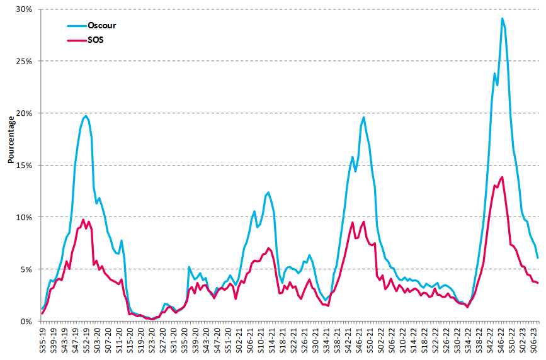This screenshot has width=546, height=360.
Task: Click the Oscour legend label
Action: (101, 26)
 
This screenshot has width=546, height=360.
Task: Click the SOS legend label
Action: (95, 40)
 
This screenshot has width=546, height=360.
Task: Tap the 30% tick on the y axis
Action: (25, 9)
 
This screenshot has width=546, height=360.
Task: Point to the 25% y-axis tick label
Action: (25, 62)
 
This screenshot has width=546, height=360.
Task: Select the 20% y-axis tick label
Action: (25, 113)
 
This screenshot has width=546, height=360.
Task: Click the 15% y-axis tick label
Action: (25, 166)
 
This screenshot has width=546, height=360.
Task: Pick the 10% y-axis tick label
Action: (25, 217)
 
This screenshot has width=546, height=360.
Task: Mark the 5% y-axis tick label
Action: (26, 269)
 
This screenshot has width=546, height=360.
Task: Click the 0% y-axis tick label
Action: (26, 321)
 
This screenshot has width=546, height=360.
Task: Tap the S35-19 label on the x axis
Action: (43, 340)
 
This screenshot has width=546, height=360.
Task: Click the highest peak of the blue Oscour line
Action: (502, 18)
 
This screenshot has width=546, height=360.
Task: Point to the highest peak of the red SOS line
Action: (502, 177)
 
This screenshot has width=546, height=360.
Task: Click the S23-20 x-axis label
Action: (151, 340)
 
